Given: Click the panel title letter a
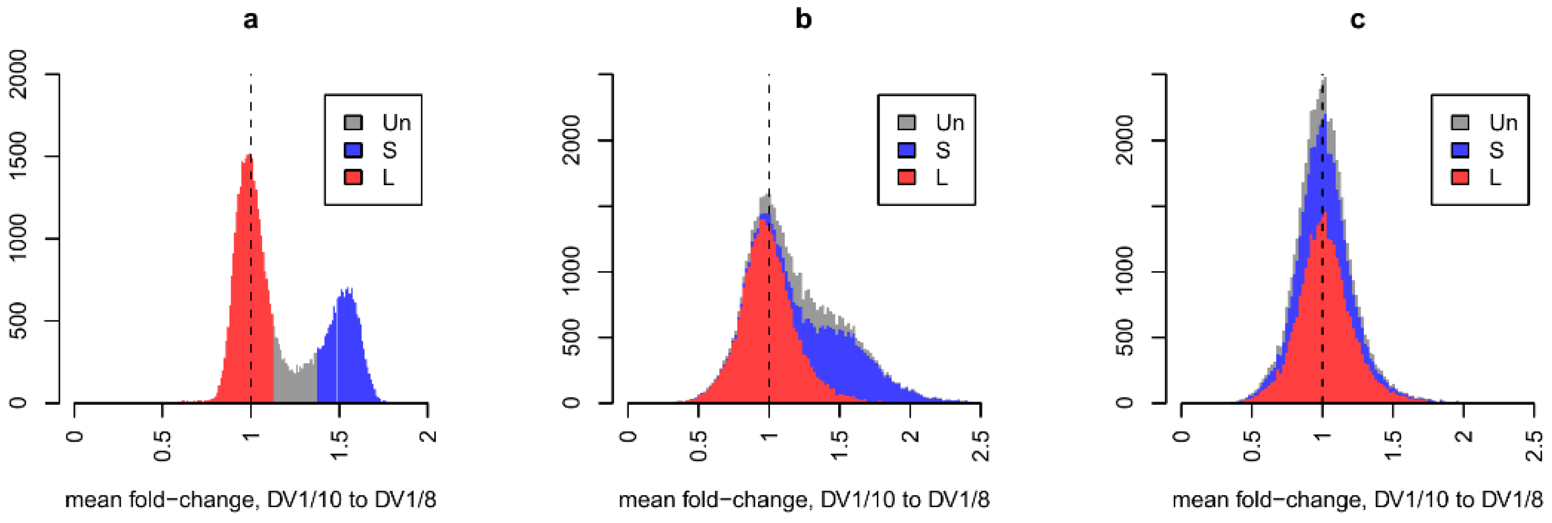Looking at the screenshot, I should point(251,20).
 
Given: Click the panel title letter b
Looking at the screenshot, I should point(804,19).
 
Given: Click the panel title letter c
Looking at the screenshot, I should point(1357,20).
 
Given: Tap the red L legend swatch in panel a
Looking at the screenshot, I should point(353,177).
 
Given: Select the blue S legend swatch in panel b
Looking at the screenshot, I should point(907,150).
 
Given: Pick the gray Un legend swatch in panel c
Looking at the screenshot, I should point(1460,123).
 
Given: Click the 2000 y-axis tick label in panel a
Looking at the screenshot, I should point(19,75).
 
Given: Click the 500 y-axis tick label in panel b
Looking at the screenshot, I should point(572,337).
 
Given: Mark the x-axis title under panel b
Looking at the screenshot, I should point(804,500).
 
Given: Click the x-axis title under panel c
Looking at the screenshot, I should point(1357,500).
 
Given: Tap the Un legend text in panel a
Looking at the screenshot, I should point(396,123).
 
